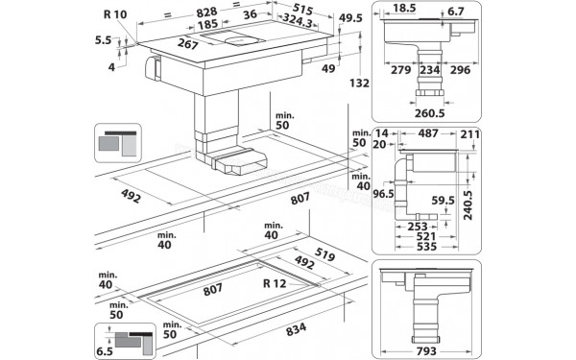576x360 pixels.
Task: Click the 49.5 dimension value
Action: coord(352,19)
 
